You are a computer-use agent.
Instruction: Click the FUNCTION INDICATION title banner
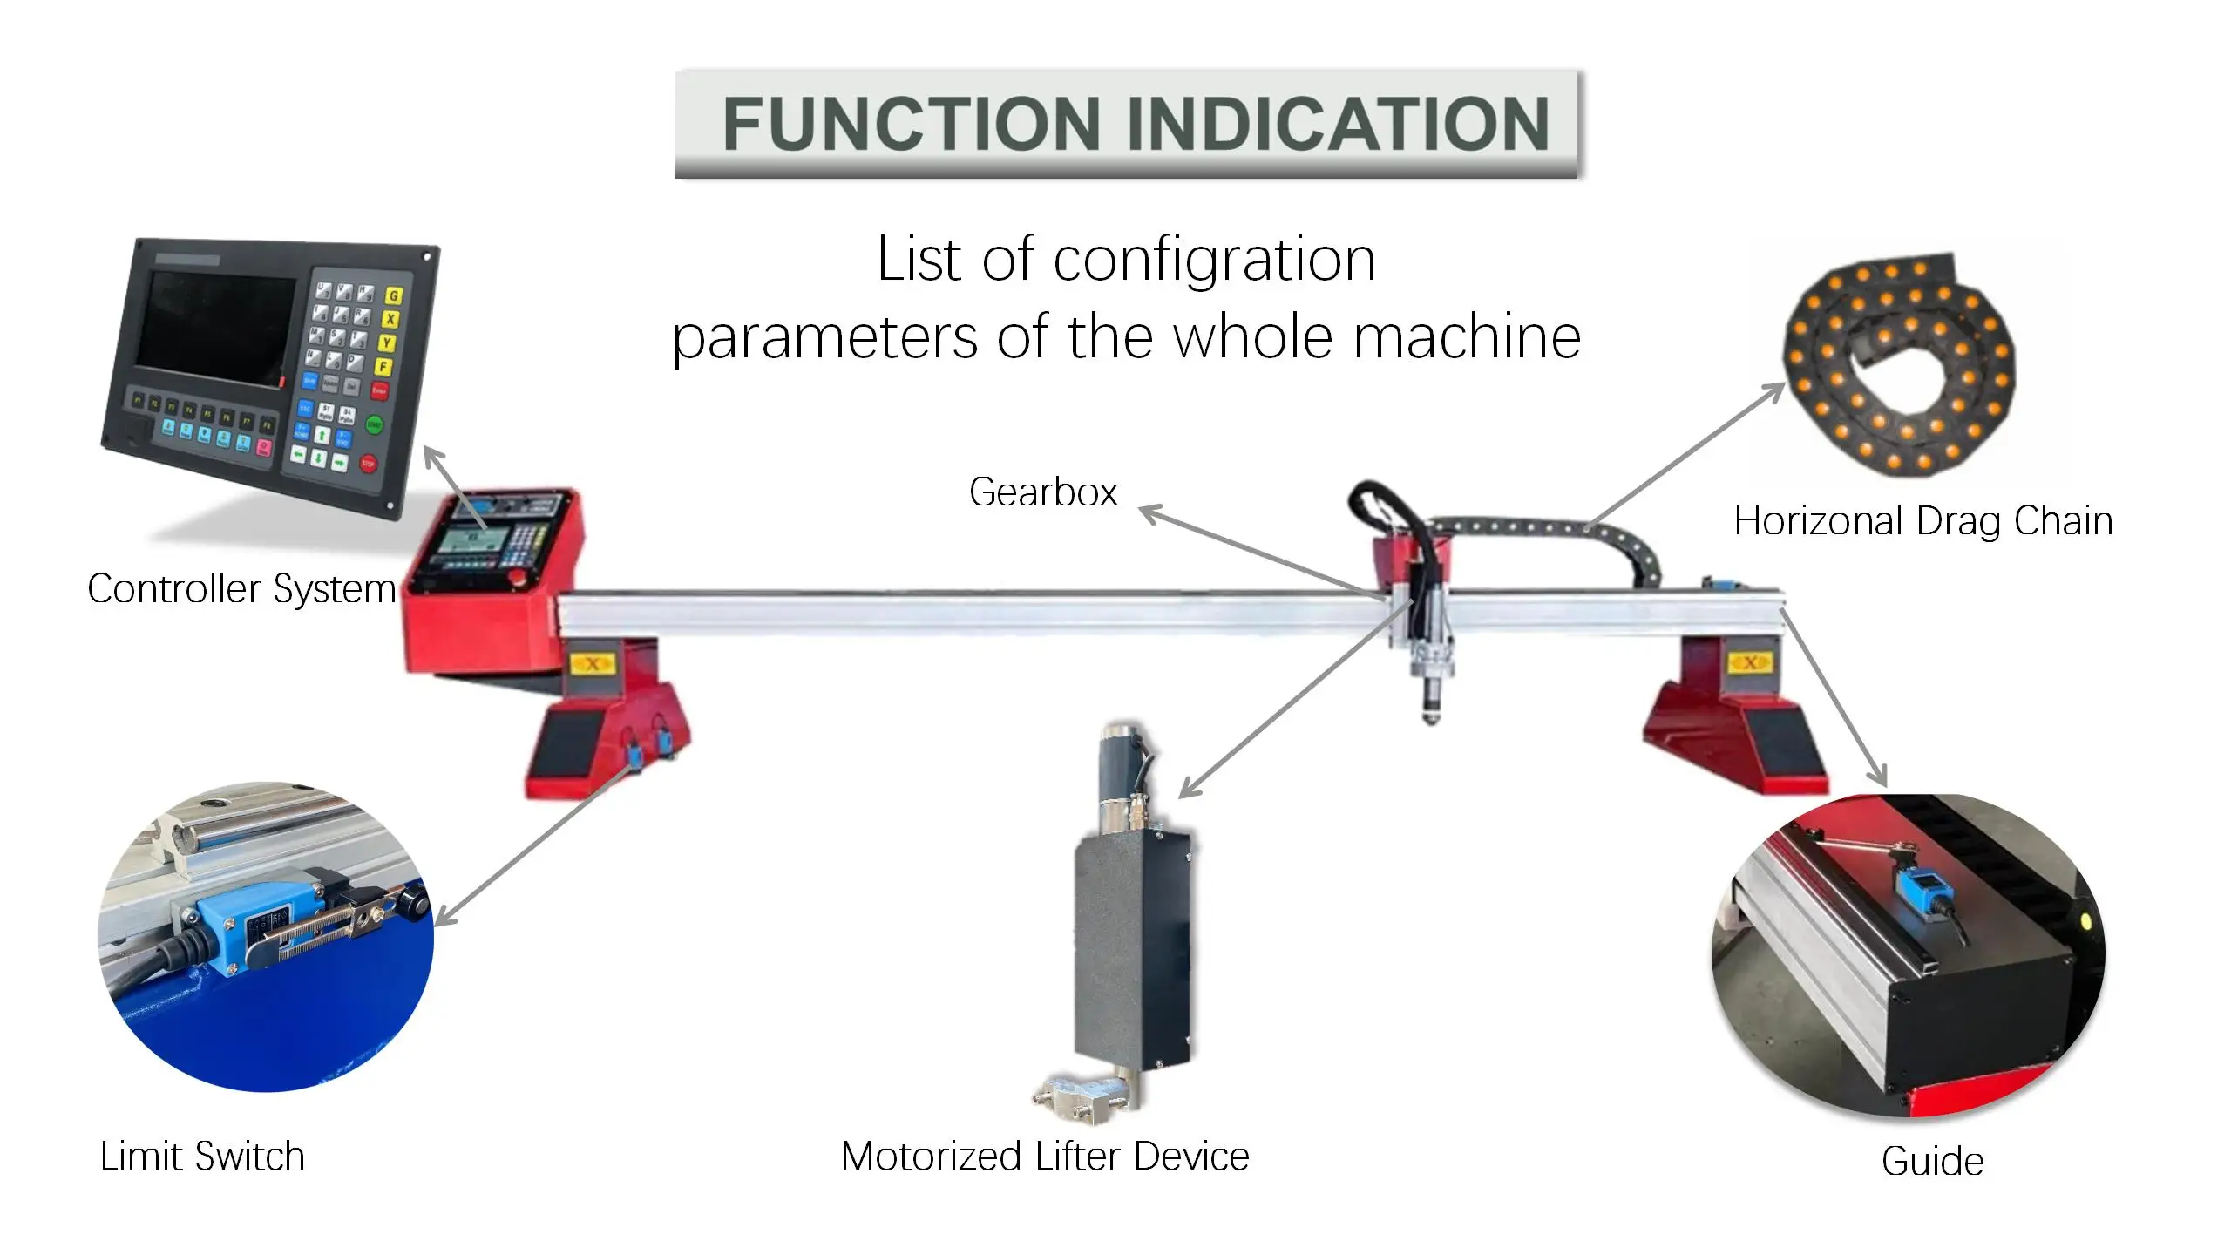[x=1128, y=124]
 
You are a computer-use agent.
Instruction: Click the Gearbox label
[x=1043, y=492]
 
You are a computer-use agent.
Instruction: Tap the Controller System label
[x=241, y=589]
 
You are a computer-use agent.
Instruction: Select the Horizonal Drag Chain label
[x=1922, y=521]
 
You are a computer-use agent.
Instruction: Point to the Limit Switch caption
[x=202, y=1157]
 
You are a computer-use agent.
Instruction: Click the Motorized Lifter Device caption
[x=1045, y=1157]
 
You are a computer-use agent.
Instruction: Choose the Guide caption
[x=1932, y=1162]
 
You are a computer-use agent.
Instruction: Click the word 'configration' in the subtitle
[x=1214, y=260]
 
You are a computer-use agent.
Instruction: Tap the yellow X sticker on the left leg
[x=593, y=665]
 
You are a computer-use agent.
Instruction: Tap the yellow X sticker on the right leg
[x=1749, y=663]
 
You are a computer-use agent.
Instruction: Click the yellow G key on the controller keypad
[x=394, y=296]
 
